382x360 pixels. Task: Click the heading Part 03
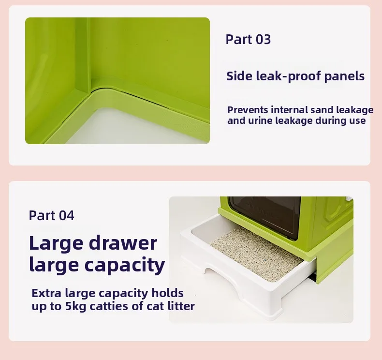[x=248, y=40]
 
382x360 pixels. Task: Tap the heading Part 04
[x=51, y=215]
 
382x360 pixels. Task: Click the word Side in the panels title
[x=239, y=76]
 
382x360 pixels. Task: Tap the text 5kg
[x=75, y=307]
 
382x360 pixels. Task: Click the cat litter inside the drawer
[x=256, y=254]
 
